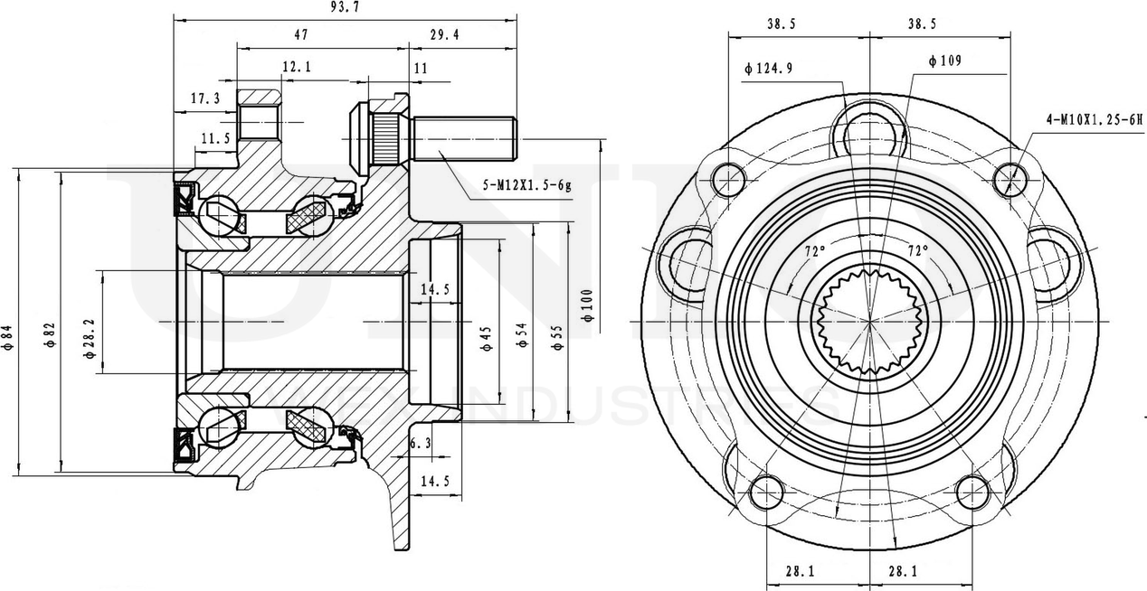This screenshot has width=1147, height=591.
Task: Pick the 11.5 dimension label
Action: (215, 138)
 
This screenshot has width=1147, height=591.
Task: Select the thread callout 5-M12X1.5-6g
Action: (527, 185)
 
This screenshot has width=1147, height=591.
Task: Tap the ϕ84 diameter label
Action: (8, 336)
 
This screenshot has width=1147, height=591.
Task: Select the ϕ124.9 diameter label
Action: (769, 69)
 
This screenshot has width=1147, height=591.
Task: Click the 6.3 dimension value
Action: (420, 443)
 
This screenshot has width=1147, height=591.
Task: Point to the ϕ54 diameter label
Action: (522, 334)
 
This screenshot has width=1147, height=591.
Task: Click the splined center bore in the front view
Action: (868, 323)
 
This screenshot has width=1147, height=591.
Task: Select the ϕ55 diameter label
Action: (556, 334)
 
